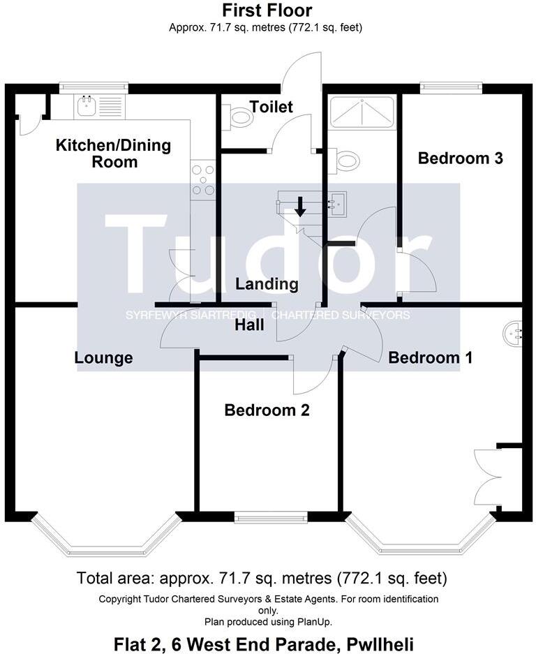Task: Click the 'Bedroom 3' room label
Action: coord(460,158)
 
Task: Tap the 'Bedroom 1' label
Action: coord(430,357)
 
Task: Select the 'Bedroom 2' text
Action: coord(267,410)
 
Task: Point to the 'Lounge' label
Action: coord(104,358)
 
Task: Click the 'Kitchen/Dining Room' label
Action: coord(113,154)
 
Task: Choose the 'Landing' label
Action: coord(267,284)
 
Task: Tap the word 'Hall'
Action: coord(249,325)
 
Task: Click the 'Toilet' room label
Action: coord(271,107)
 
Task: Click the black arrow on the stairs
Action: coord(300,207)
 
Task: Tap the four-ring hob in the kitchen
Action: coord(202,179)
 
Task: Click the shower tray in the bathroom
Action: coord(361,111)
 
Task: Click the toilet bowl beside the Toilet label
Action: coord(239,117)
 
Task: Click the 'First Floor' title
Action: coord(267,10)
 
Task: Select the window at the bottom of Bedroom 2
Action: coord(271,516)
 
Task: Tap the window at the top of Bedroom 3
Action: coord(451,87)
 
